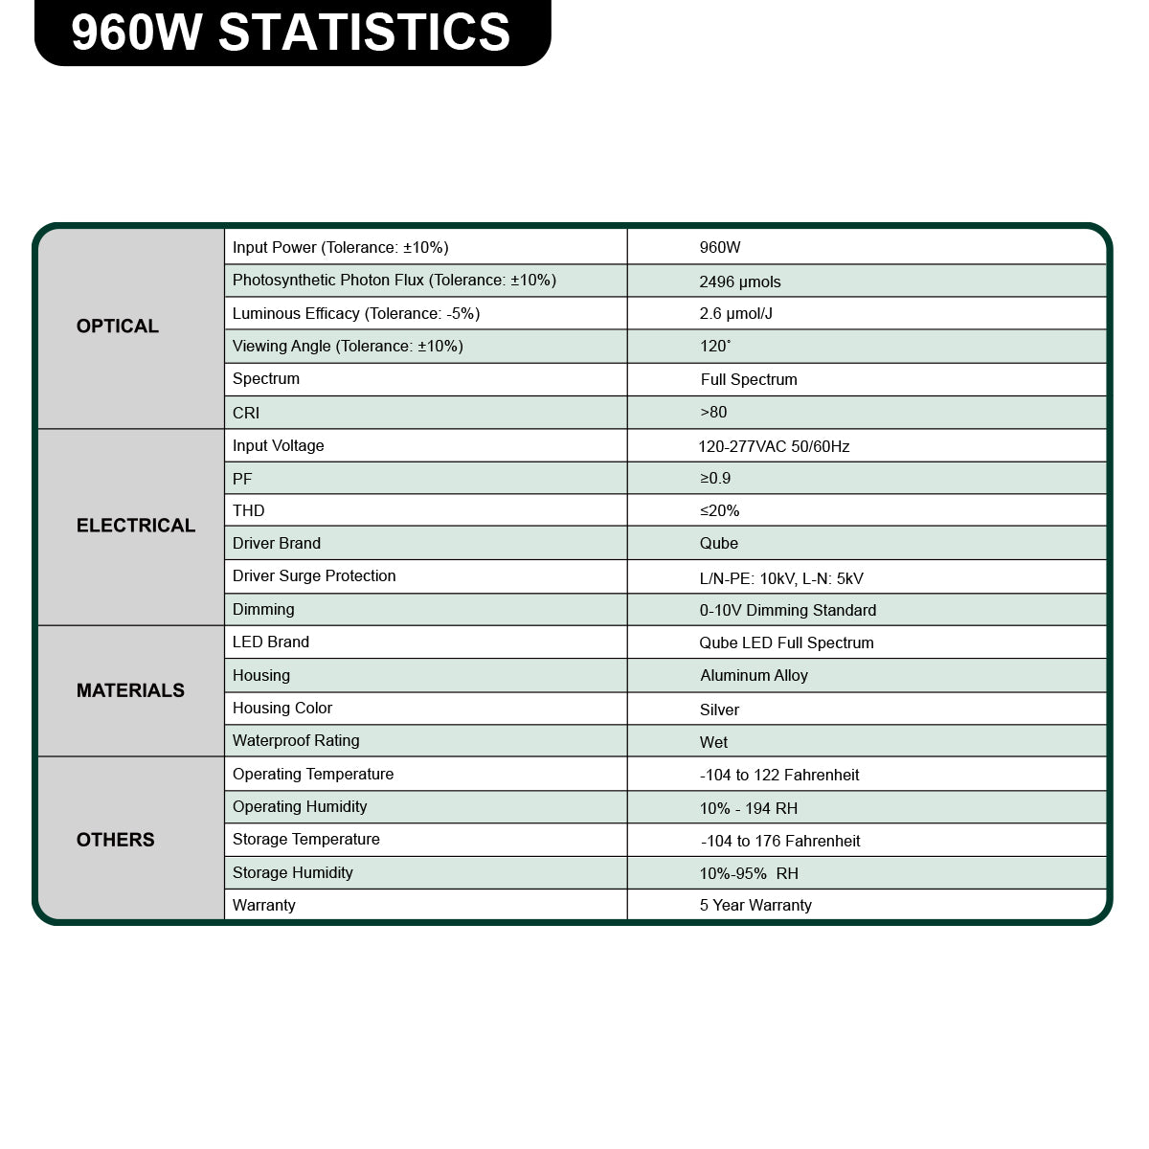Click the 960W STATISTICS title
pyautogui.click(x=291, y=32)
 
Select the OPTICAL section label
pyautogui.click(x=118, y=327)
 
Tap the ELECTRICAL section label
pyautogui.click(x=136, y=526)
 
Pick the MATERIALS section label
pyautogui.click(x=130, y=690)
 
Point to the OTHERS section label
pyautogui.click(x=116, y=840)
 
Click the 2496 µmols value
pyautogui.click(x=740, y=282)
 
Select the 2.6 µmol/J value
pyautogui.click(x=736, y=314)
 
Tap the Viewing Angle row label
pyautogui.click(x=348, y=347)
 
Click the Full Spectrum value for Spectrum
pyautogui.click(x=749, y=379)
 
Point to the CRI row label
pyautogui.click(x=246, y=413)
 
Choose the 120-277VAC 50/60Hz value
pyautogui.click(x=774, y=446)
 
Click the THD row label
pyautogui.click(x=249, y=511)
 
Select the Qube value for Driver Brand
pyautogui.click(x=719, y=544)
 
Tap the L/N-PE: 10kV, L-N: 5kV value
pyautogui.click(x=781, y=578)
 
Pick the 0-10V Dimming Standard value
pyautogui.click(x=788, y=611)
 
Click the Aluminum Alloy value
pyautogui.click(x=755, y=676)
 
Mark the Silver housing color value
pyautogui.click(x=720, y=710)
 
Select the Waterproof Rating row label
pyautogui.click(x=296, y=741)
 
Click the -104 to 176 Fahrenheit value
pyautogui.click(x=780, y=841)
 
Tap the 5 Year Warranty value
pyautogui.click(x=755, y=906)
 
